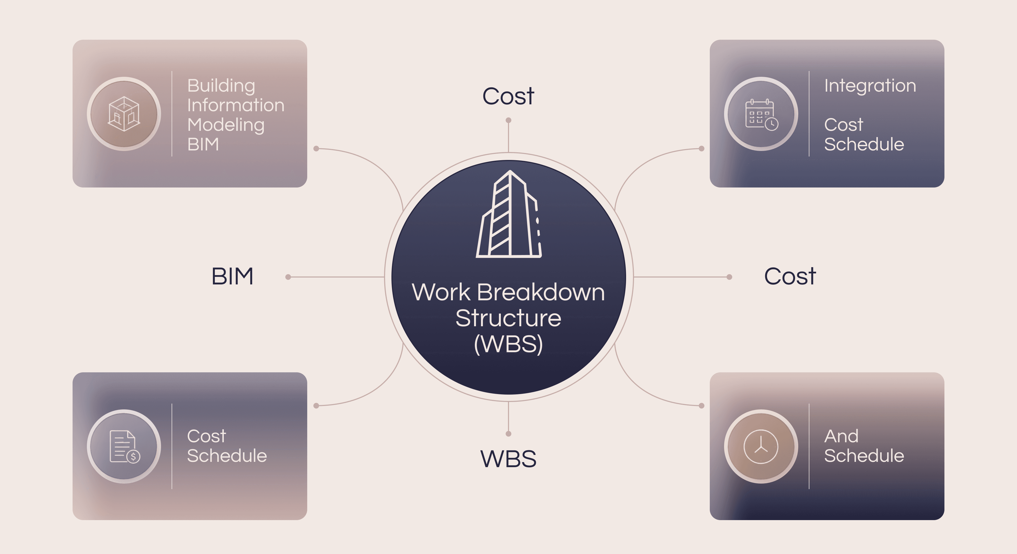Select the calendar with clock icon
761,114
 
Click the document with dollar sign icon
124,446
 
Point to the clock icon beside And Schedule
761,446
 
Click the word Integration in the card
870,86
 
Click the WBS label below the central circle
508,459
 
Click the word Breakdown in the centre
541,293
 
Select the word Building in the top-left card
221,86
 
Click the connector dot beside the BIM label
288,277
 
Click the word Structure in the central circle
508,318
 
